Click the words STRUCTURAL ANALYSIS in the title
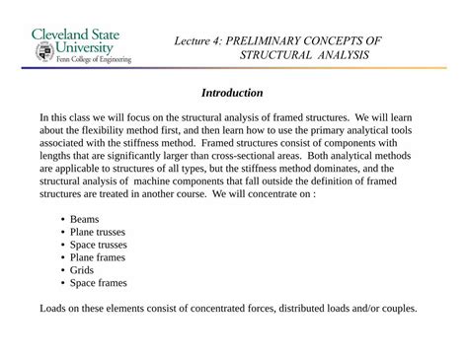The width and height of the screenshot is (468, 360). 304,54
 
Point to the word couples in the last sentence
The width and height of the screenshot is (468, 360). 396,308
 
